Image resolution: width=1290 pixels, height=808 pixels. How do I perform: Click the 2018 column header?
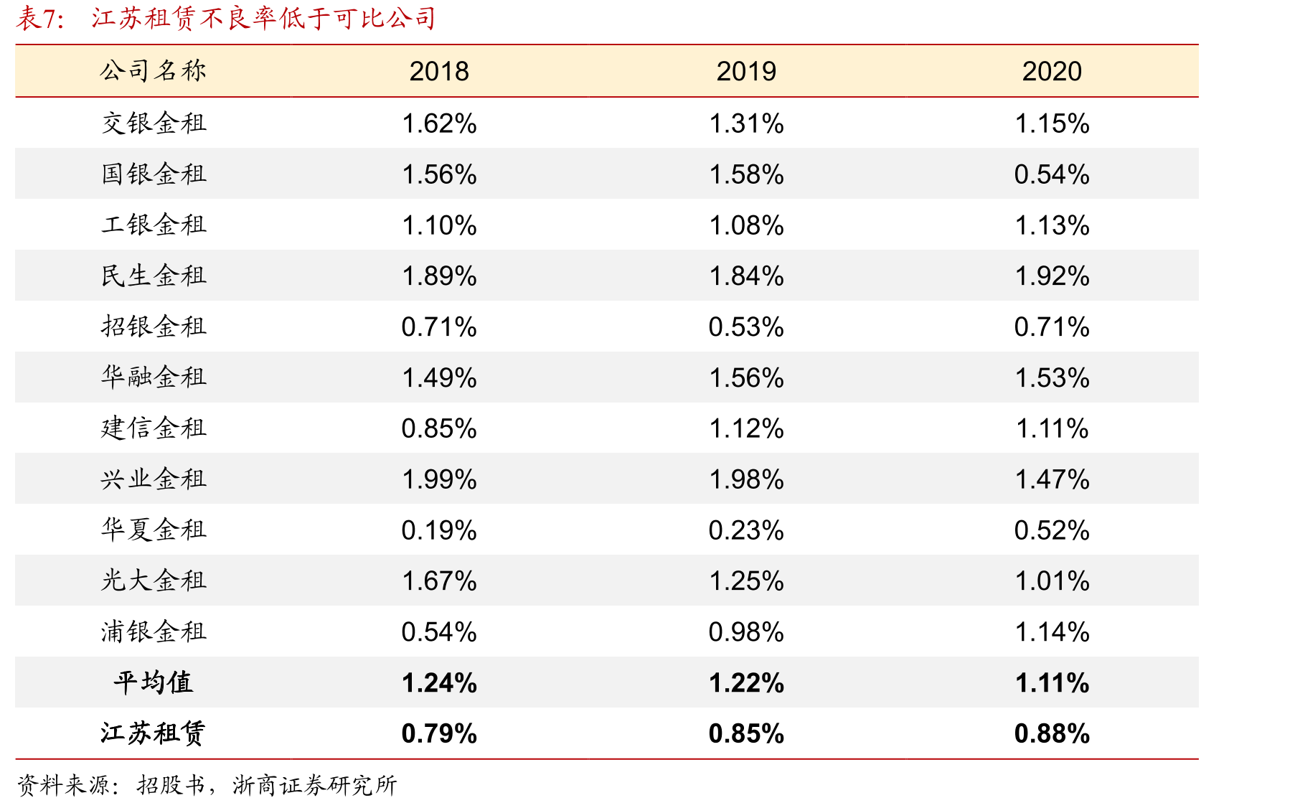point(439,72)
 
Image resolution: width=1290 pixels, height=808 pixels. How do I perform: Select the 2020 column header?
point(1052,72)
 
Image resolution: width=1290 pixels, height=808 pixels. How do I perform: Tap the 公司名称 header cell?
point(154,71)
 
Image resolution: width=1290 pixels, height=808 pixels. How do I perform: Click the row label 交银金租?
point(154,123)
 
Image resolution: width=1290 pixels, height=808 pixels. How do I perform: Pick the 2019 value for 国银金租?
point(746,174)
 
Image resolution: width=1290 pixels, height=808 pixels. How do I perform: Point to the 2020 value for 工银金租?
point(1052,225)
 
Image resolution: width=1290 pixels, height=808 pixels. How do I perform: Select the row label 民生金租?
point(154,276)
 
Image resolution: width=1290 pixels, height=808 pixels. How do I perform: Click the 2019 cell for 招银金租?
point(746,327)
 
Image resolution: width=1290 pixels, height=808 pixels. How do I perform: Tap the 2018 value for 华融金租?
point(439,378)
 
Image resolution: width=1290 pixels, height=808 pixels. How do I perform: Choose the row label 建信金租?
point(154,428)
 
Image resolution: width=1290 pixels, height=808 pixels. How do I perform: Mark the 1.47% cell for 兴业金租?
point(1052,479)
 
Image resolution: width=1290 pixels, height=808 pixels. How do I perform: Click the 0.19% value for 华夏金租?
point(439,530)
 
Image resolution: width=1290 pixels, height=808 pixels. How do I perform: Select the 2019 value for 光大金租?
point(746,581)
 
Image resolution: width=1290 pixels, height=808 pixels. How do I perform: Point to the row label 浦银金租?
point(154,631)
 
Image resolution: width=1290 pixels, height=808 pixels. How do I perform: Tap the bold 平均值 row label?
point(153,682)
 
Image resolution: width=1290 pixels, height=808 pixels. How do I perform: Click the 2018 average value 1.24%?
point(439,683)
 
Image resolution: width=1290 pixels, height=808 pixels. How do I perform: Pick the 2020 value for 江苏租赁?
point(1052,734)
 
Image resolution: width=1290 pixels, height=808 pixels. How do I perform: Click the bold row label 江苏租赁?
point(153,733)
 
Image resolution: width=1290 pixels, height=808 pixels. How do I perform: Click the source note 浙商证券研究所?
point(314,785)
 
